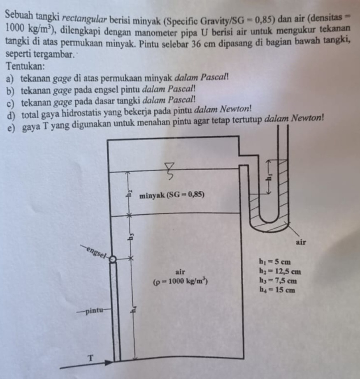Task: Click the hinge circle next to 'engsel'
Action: click(x=111, y=259)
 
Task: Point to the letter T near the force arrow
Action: click(x=91, y=358)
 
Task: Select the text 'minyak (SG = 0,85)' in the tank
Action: click(x=172, y=195)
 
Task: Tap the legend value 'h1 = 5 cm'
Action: click(x=274, y=261)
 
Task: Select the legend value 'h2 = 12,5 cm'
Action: click(x=280, y=271)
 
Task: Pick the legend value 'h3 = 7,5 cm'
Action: click(x=278, y=281)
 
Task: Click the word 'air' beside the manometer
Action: click(x=302, y=243)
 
